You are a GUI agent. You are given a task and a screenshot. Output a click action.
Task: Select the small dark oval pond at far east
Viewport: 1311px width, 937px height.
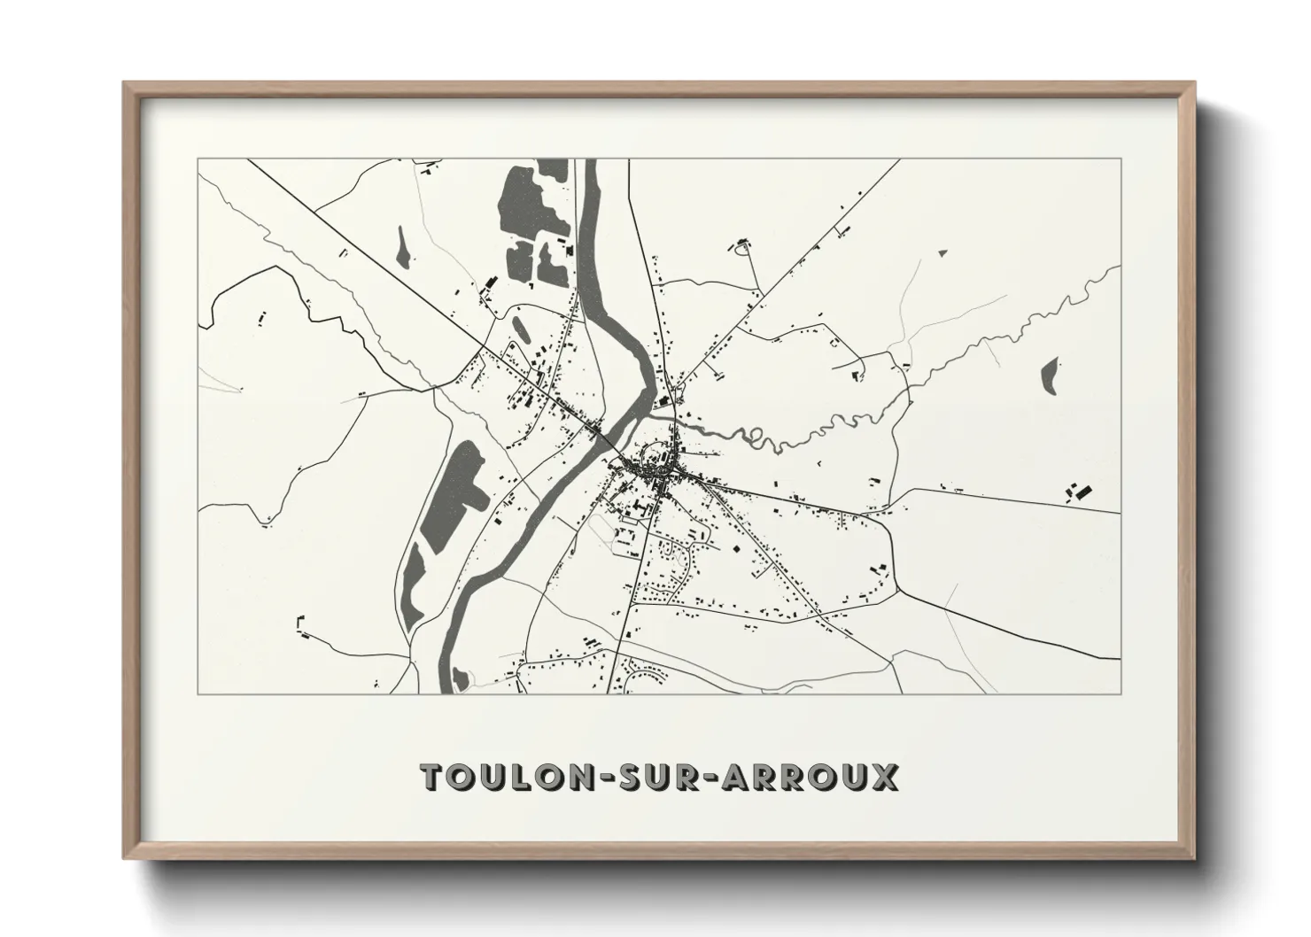point(1051,376)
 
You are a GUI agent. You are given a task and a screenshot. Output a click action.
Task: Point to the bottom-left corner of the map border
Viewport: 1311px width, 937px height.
point(198,693)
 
